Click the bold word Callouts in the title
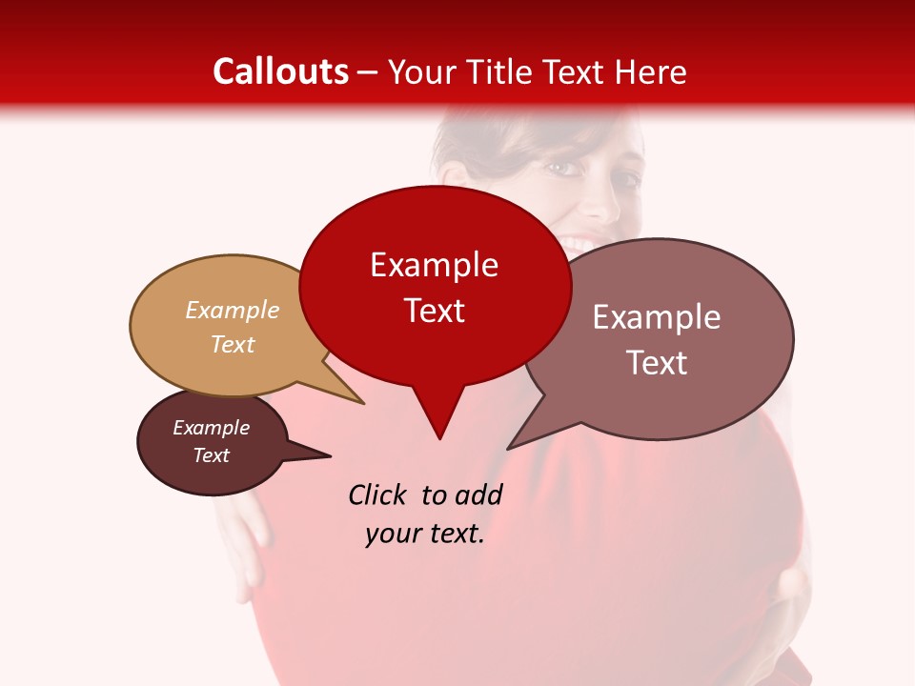pos(280,71)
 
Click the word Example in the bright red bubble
pos(434,265)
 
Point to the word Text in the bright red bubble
pos(434,311)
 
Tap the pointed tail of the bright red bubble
pos(438,435)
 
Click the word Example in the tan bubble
pos(233,311)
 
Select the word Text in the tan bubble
pos(233,345)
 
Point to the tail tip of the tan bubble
pos(362,403)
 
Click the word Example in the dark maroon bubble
pos(211,428)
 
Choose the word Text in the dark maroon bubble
pos(211,455)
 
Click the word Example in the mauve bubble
pos(657,317)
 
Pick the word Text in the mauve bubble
pos(657,363)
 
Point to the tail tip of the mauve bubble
pos(508,449)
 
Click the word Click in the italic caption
pos(379,494)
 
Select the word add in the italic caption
pos(478,494)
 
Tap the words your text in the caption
pos(424,534)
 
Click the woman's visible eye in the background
pos(564,169)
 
